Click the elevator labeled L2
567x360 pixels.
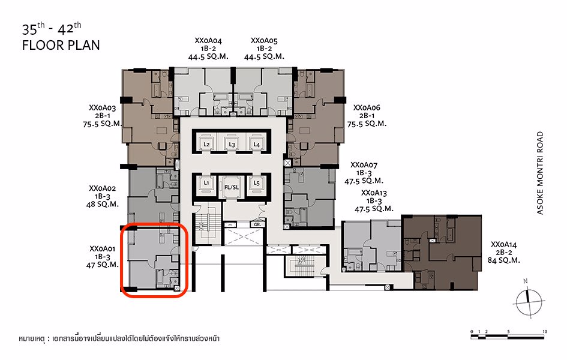coord(206,145)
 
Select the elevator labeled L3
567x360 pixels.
coord(231,145)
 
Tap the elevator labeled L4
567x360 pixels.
coord(256,145)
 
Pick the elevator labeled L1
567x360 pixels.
coord(206,182)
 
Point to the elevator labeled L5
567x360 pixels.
coord(256,182)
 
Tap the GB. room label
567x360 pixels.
coord(256,224)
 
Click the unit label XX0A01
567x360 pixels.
coord(102,248)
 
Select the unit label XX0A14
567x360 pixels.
coord(504,244)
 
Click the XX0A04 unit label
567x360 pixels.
coord(208,41)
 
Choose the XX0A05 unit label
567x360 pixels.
coord(264,41)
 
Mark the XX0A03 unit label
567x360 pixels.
coord(102,107)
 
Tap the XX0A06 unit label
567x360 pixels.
coord(367,107)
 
